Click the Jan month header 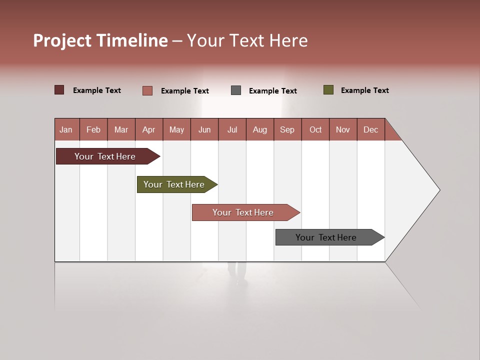[66, 129]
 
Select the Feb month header [93, 129]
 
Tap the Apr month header [149, 129]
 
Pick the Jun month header [204, 129]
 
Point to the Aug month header [260, 129]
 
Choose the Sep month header [287, 129]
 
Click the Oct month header [315, 129]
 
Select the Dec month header [371, 129]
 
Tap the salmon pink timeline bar [243, 212]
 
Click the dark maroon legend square [59, 90]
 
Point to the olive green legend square [328, 90]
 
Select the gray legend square [236, 90]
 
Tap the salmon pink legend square [147, 90]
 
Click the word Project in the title [62, 40]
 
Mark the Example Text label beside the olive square [364, 90]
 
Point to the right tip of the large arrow [439, 190]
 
